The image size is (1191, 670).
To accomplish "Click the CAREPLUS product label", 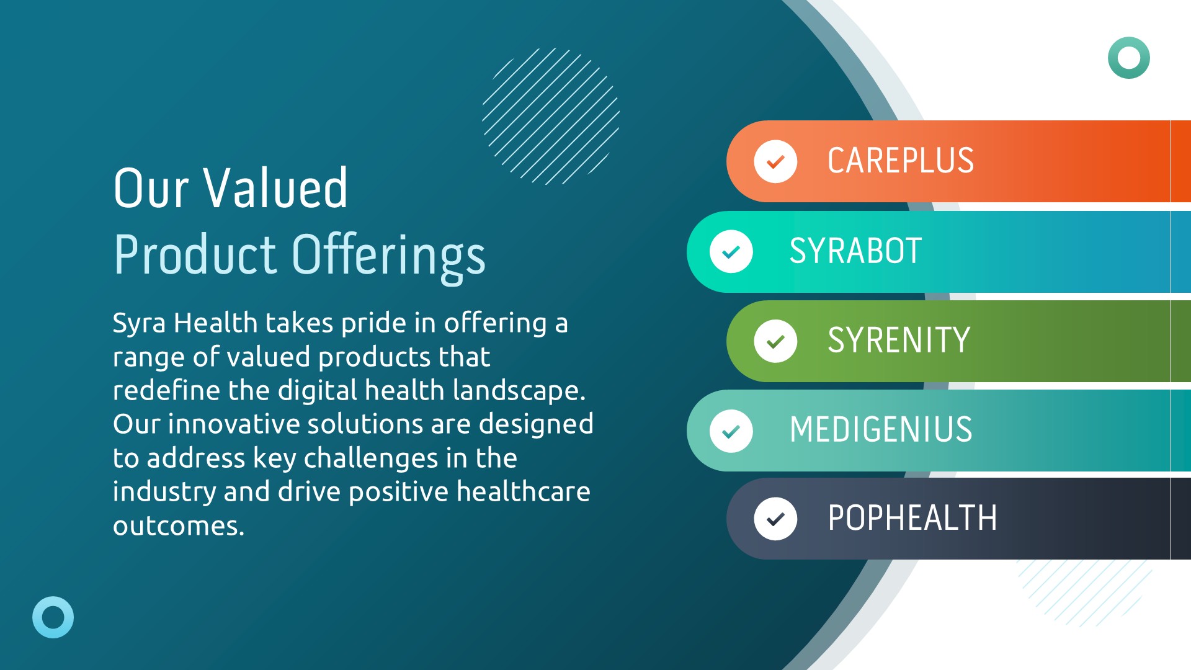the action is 901,161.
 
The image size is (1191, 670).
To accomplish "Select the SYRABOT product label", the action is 855,251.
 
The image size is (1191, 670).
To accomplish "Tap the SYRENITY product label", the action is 899,341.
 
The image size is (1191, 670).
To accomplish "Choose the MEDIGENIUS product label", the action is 881,430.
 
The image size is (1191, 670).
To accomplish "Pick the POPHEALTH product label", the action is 912,519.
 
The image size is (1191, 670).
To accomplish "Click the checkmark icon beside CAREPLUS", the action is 775,162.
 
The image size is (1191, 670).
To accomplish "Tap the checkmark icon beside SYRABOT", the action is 731,252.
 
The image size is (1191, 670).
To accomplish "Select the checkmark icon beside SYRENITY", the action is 775,341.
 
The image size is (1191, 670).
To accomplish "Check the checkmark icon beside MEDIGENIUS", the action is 731,431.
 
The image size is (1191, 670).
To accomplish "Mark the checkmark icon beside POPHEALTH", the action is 775,519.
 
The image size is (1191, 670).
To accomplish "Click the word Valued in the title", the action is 276,188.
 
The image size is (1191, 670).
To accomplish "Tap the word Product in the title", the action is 195,254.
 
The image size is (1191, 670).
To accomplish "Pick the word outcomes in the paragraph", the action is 179,526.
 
